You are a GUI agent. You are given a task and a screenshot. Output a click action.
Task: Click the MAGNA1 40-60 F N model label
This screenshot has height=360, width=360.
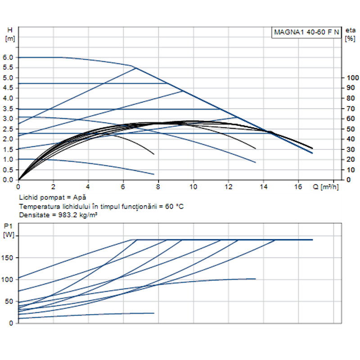307,32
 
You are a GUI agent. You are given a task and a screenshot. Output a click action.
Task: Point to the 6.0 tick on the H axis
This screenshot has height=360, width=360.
8,58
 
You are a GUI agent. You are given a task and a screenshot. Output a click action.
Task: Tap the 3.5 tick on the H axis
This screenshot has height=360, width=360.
8,108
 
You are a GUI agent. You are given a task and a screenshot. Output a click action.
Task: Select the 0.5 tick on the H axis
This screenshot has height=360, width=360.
8,170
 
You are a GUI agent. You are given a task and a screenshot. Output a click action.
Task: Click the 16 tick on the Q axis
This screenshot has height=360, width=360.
298,186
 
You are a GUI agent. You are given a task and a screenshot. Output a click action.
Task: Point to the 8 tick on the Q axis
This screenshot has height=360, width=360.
158,186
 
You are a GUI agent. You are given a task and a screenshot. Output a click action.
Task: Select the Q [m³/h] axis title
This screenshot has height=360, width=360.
326,186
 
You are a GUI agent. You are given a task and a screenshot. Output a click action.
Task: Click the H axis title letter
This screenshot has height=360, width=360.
10,30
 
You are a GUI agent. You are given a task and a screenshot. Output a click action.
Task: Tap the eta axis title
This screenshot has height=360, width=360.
350,30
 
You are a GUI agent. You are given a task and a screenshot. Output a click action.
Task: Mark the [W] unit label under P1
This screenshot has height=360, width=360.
9,234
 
